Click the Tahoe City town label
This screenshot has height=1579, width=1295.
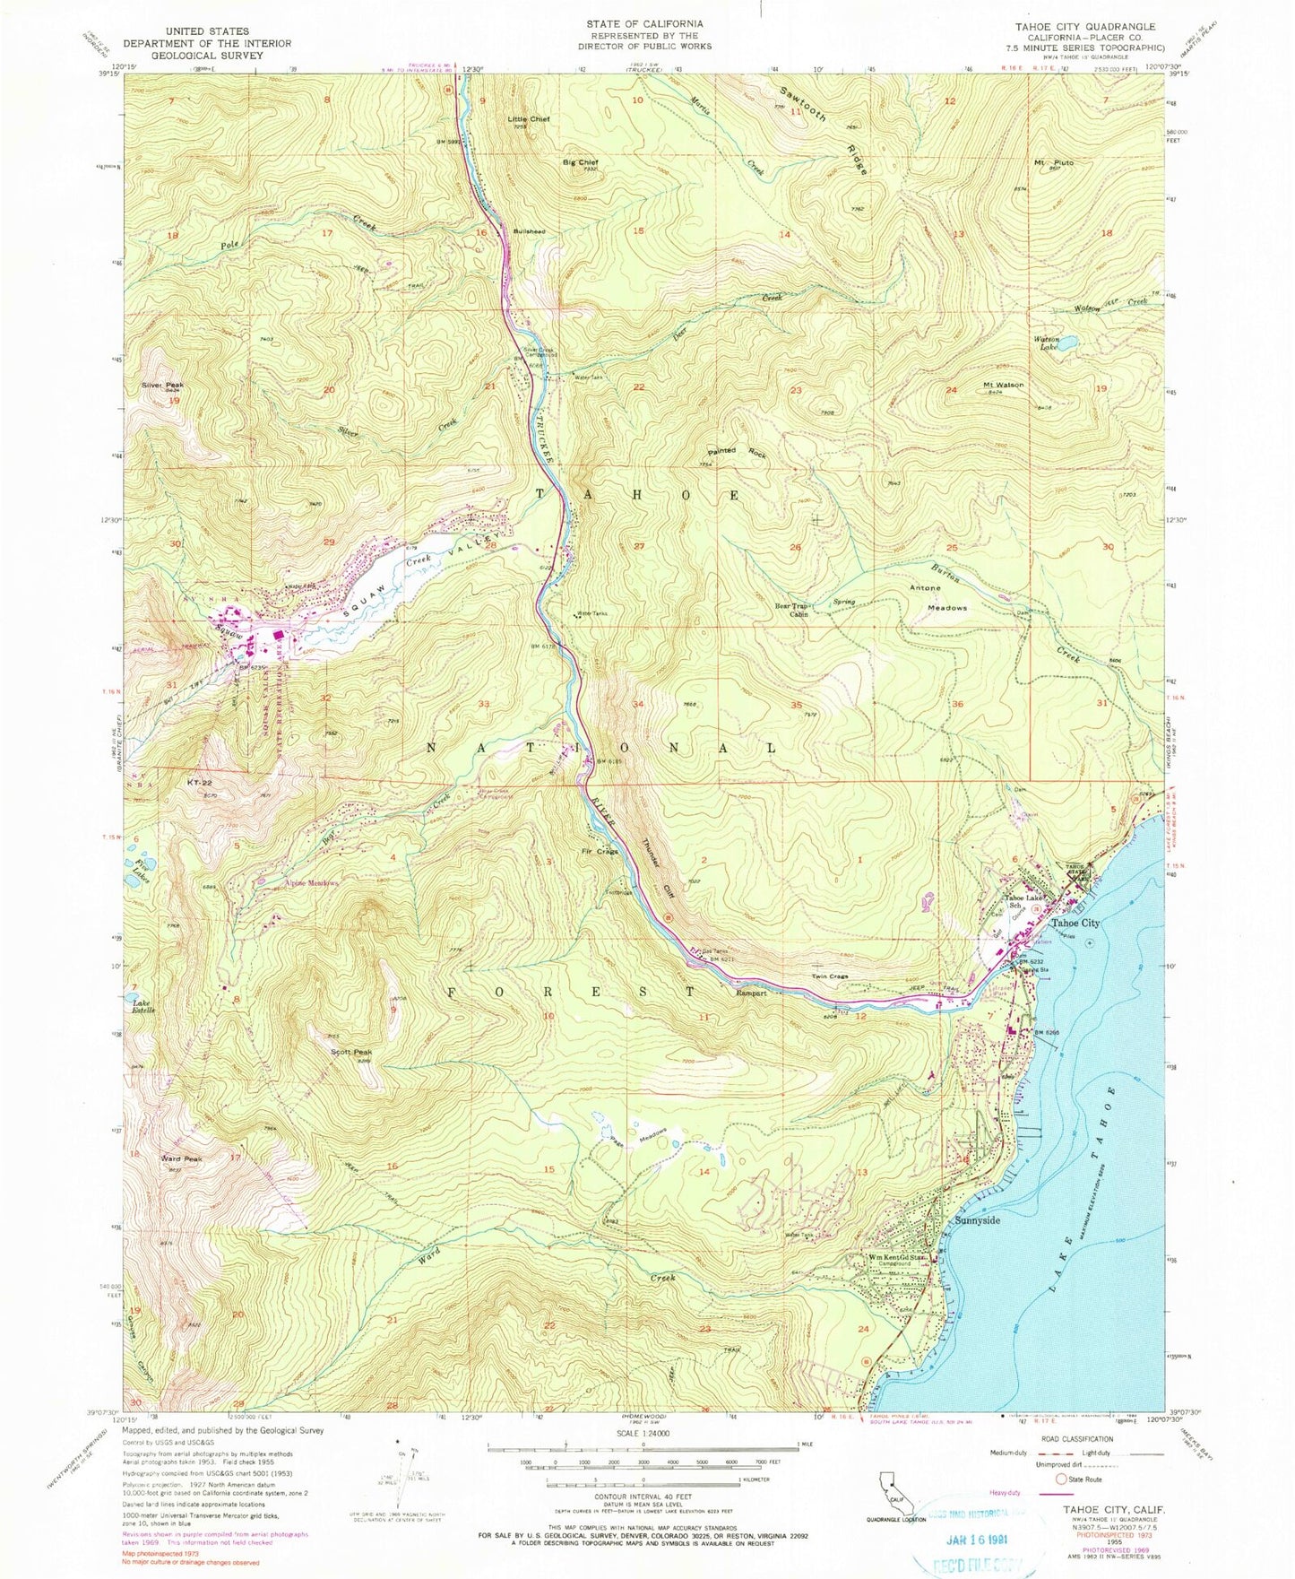click(x=1075, y=923)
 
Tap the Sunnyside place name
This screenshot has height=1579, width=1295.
click(x=976, y=1221)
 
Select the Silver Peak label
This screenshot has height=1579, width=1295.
click(x=162, y=385)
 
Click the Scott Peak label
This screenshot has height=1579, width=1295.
click(x=351, y=1052)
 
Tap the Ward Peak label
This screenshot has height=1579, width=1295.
click(x=182, y=1158)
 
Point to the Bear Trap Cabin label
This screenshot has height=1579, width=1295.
click(x=792, y=610)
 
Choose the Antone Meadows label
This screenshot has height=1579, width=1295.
click(x=938, y=597)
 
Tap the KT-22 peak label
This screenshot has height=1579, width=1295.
click(x=199, y=782)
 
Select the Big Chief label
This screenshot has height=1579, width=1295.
click(x=580, y=162)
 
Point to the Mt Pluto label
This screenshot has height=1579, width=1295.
click(x=1053, y=162)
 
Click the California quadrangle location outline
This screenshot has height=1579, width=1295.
click(x=891, y=1483)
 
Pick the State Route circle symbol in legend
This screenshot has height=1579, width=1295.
click(x=1063, y=1479)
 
